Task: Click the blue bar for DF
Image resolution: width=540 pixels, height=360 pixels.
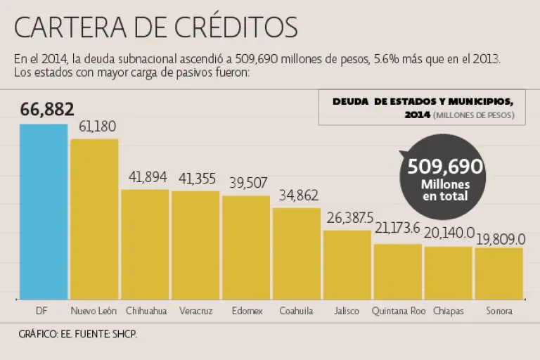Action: point(44,211)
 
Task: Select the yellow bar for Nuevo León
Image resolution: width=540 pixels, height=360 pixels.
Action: point(94,219)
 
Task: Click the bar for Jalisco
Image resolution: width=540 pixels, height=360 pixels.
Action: point(347,264)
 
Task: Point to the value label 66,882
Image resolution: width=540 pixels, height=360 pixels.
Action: point(47,110)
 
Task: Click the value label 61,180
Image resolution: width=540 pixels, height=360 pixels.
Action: point(97,127)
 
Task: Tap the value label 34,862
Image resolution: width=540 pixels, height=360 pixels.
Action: point(298,195)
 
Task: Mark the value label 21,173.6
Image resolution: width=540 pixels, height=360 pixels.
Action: point(397,229)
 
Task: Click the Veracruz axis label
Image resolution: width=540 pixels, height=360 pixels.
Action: point(195,310)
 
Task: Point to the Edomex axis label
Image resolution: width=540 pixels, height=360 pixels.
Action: point(246,310)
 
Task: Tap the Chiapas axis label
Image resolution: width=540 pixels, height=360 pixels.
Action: point(448,310)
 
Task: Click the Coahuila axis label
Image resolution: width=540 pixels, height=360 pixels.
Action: point(296,310)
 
